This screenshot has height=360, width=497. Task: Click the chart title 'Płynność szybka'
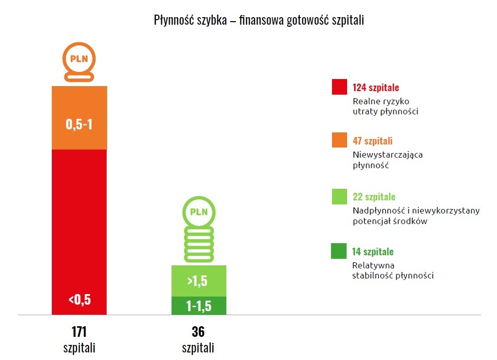[x=259, y=21]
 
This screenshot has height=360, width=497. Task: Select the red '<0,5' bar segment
[x=79, y=232]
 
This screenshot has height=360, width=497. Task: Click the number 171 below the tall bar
[x=79, y=332]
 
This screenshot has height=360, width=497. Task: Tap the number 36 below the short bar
[x=198, y=332]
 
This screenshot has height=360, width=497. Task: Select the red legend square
[x=340, y=87]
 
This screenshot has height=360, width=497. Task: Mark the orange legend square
[x=340, y=140]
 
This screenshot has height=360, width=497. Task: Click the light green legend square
[x=340, y=196]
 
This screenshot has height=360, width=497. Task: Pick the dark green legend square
[x=340, y=251]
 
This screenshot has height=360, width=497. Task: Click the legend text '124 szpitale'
[x=376, y=87]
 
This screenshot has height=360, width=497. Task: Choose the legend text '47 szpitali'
[x=373, y=141]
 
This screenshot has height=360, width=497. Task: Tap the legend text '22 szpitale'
[x=374, y=196]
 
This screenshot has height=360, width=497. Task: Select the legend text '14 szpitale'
[x=373, y=251]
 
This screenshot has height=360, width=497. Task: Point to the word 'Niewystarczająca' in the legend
[x=388, y=155]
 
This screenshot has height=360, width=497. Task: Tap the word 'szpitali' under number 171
[x=79, y=348]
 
